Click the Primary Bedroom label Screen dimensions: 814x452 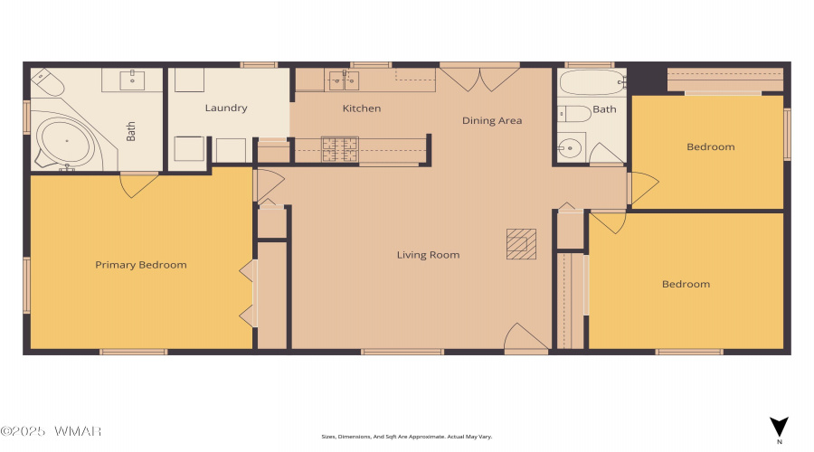(x=141, y=265)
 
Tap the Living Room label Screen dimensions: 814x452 (x=429, y=255)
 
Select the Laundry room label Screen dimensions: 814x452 (x=226, y=108)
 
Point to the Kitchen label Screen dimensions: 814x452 (x=362, y=108)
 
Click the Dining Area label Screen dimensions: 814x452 (x=492, y=121)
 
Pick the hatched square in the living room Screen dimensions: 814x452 (x=521, y=244)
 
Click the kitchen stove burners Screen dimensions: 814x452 (x=340, y=149)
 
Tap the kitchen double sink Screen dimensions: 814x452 (x=344, y=80)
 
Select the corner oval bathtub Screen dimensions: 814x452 (x=65, y=141)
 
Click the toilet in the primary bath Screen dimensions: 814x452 (x=47, y=82)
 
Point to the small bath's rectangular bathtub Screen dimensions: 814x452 (x=592, y=82)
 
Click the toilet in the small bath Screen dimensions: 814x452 (x=574, y=114)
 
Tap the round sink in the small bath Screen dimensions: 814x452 (x=570, y=148)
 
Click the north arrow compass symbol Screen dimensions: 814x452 (x=779, y=428)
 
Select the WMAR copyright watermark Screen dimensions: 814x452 (x=51, y=431)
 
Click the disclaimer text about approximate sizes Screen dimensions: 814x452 (x=406, y=437)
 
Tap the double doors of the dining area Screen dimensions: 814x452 (x=479, y=78)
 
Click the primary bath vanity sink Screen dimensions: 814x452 (x=132, y=80)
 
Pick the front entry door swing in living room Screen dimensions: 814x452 (x=526, y=336)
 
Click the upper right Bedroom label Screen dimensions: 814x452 (x=711, y=146)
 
